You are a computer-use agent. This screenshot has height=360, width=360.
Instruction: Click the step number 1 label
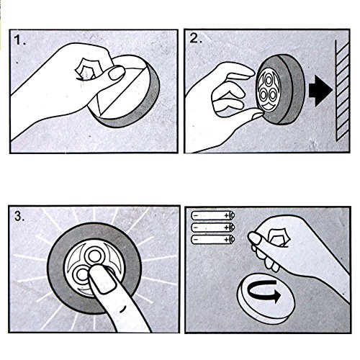[19, 40]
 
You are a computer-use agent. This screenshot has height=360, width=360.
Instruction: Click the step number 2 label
[196, 38]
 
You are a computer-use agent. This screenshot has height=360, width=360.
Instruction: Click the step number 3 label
[19, 216]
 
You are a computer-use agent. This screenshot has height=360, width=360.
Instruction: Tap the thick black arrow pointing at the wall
[320, 91]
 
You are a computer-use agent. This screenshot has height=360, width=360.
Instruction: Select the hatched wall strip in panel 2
[342, 90]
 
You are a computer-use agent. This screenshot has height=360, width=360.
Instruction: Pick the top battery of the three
[213, 215]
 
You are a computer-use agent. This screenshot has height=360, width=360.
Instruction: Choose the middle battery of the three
[213, 227]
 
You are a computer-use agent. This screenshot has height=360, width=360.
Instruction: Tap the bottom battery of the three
[213, 239]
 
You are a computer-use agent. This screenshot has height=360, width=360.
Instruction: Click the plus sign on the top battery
[226, 215]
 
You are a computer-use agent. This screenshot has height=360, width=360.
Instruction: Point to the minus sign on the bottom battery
[196, 240]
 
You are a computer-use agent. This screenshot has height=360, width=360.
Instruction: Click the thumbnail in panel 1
[117, 73]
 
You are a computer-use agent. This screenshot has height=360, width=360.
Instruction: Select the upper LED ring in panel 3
[94, 256]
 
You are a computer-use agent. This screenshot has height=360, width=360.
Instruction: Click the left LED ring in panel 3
[81, 274]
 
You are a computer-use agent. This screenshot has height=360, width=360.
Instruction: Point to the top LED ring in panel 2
[269, 79]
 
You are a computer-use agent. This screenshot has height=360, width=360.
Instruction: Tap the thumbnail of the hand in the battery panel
[254, 238]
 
